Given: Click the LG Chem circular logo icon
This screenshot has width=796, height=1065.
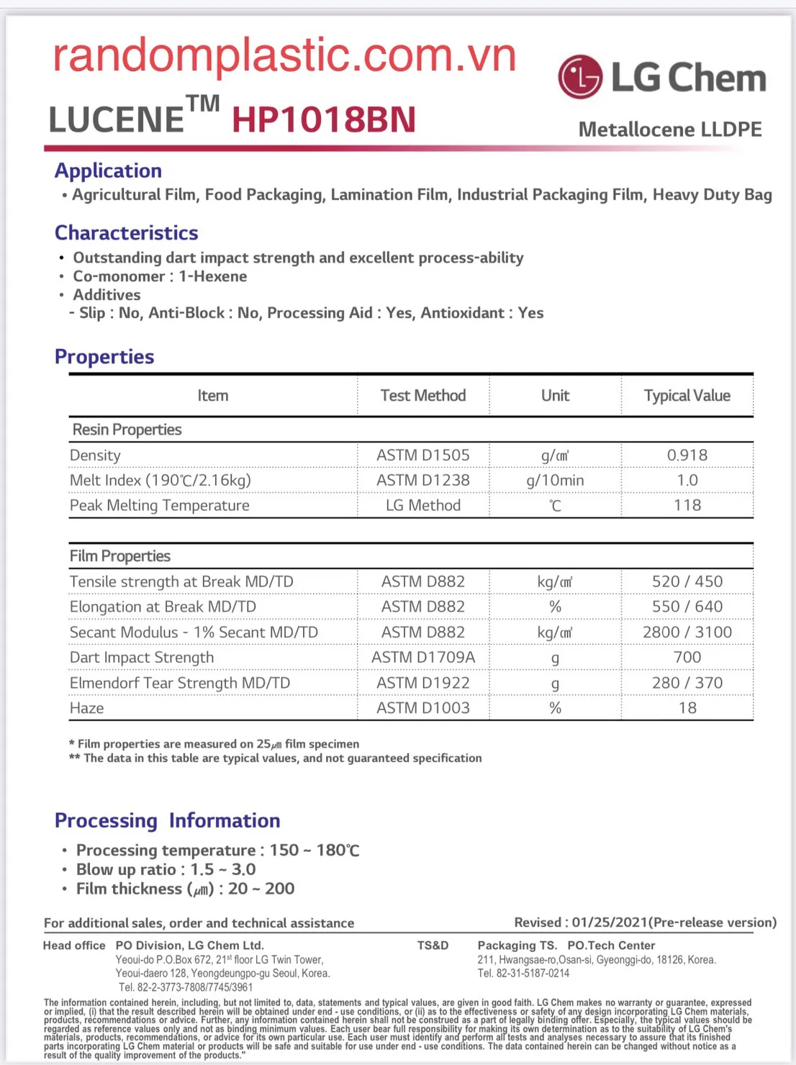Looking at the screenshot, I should (x=580, y=77).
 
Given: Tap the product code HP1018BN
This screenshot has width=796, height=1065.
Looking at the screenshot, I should (x=324, y=119).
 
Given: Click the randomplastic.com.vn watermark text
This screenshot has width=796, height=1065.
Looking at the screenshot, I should (x=284, y=55).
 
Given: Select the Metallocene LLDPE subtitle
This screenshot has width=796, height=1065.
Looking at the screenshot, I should (x=669, y=130).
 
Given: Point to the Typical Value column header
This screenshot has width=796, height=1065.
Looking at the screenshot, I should (x=687, y=396).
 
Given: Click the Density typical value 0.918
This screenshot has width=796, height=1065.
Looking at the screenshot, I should (x=687, y=456).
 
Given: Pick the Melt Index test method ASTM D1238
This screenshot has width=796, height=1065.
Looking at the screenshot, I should (x=423, y=480).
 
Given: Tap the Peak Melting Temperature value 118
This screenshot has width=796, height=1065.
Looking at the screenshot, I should (x=687, y=505).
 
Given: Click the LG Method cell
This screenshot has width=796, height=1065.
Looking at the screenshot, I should (x=423, y=505).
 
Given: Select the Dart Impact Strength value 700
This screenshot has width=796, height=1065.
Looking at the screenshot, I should (x=687, y=657).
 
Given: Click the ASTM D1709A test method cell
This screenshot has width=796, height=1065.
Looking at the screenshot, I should (x=423, y=657).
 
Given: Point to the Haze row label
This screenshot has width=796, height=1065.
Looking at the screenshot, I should (x=87, y=708).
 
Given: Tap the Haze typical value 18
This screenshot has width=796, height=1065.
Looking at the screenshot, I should (x=687, y=708).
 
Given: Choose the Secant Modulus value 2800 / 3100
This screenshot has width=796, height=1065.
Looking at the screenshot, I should (x=687, y=632).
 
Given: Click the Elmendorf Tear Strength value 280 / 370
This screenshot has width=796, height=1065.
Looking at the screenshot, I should (x=687, y=683).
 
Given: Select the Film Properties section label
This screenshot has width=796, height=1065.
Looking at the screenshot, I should (x=120, y=556).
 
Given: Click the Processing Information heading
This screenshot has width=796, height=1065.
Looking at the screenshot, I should (x=168, y=820).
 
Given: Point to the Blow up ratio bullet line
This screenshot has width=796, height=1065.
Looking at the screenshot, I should (x=166, y=869).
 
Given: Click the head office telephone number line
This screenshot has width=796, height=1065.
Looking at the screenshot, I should (x=186, y=987).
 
